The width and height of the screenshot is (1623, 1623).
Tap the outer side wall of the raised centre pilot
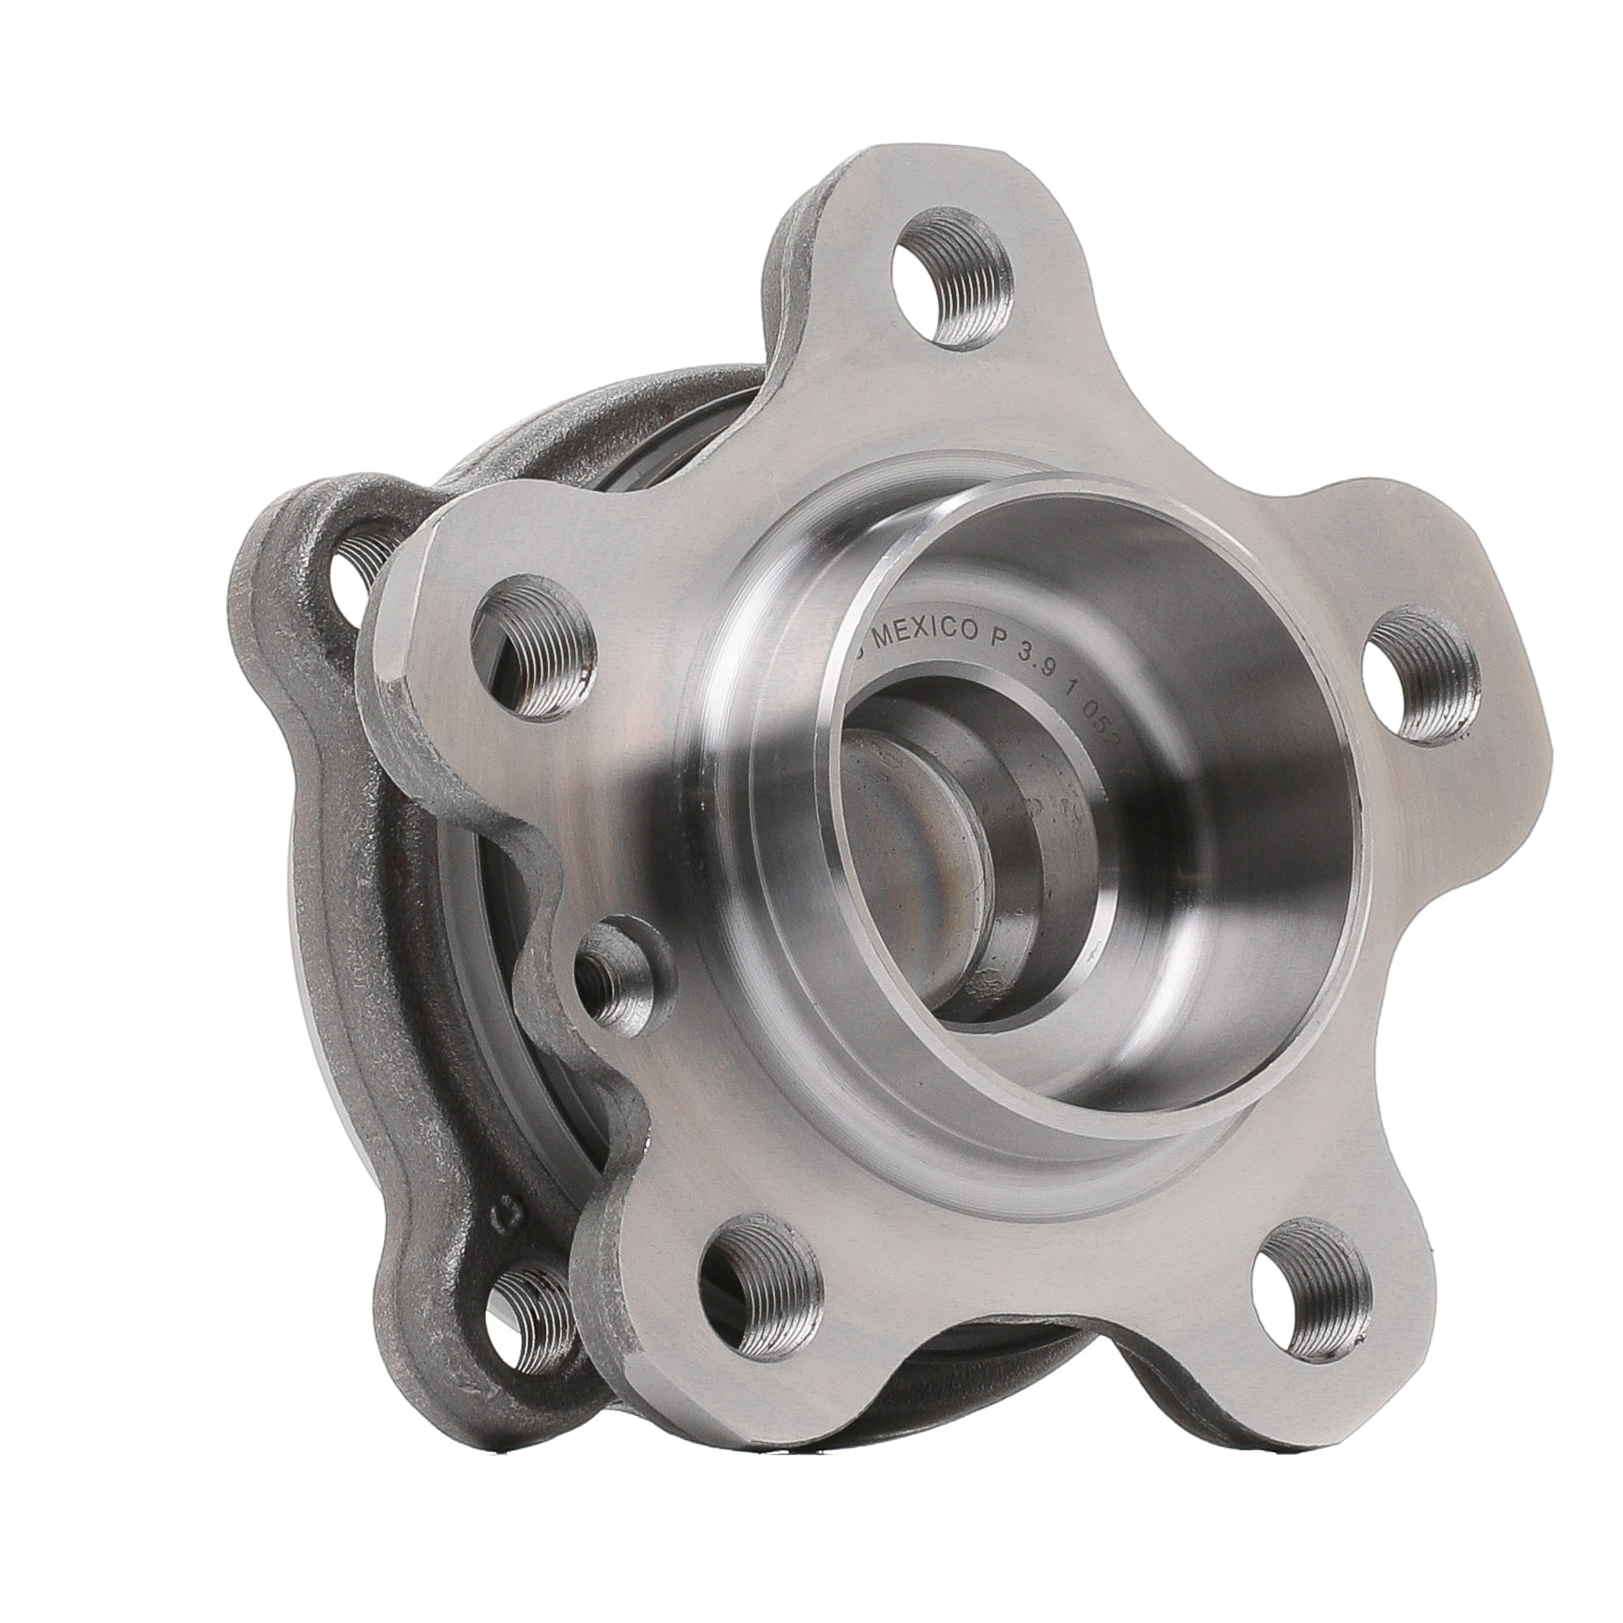756,756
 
